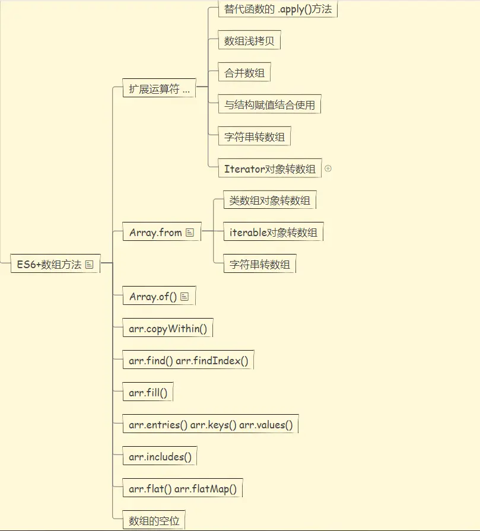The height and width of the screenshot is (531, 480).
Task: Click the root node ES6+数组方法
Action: pos(49,265)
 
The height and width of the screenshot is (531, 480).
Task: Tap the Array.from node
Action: pos(155,233)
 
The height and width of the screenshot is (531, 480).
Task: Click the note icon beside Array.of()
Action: pos(185,297)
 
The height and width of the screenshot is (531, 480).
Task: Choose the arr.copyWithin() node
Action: pos(167,329)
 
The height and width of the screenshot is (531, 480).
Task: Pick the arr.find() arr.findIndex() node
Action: pos(188,361)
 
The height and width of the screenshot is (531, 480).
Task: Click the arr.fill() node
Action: pos(148,393)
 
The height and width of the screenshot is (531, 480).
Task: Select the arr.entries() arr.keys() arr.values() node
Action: pos(210,425)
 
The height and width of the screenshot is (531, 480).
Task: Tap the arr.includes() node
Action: pos(160,457)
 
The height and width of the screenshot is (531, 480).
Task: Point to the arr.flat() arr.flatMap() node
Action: pos(182,489)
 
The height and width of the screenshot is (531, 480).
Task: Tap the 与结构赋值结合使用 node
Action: pos(269,106)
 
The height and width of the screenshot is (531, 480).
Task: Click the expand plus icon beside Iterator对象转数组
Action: pos(328,168)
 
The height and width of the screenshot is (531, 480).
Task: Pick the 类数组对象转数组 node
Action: pos(270,201)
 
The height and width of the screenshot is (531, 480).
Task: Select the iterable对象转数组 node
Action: pos(273,233)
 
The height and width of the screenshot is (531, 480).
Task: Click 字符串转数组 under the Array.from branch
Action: pos(260,265)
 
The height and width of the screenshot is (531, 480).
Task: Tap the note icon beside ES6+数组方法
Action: pos(90,265)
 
